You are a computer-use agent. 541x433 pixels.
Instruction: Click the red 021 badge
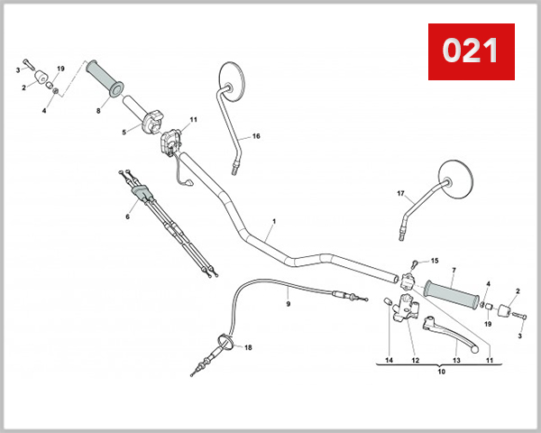click(470, 51)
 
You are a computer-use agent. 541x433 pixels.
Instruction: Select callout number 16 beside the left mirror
click(256, 136)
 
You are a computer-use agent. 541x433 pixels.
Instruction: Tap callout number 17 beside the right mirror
click(401, 194)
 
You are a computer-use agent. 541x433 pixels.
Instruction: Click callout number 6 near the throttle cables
click(128, 216)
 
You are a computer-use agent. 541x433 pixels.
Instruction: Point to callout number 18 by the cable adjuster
click(248, 348)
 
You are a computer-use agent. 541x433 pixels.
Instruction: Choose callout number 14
click(389, 360)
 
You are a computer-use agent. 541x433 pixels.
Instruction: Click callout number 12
click(416, 360)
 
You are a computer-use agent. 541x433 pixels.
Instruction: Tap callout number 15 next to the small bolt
click(434, 260)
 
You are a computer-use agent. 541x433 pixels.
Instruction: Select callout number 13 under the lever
click(456, 360)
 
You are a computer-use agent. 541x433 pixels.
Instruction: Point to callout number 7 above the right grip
click(454, 270)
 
